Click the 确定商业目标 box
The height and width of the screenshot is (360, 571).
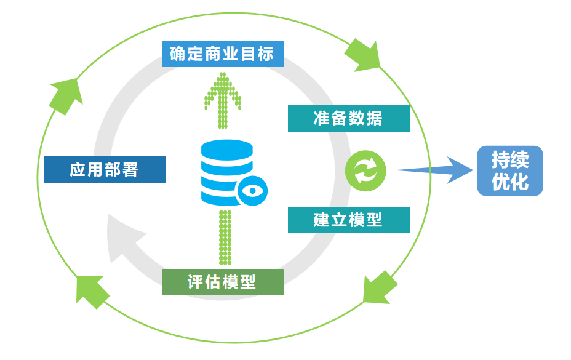coord(222,54)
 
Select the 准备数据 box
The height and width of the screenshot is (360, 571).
coord(348,118)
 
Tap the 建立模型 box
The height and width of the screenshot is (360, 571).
coord(348,220)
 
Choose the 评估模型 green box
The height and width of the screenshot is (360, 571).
coord(222,282)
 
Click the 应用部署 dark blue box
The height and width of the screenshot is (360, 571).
coord(105,169)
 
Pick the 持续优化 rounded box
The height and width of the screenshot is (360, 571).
coord(510,170)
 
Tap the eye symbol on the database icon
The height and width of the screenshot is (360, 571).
coord(252,190)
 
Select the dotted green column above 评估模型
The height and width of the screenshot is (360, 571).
coord(225,237)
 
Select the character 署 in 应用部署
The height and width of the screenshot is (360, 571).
coord(130,169)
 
